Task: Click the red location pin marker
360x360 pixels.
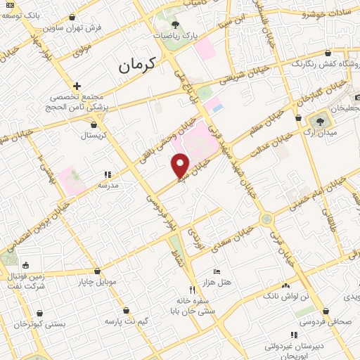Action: tap(181, 165)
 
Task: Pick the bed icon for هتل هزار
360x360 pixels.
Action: tap(217, 271)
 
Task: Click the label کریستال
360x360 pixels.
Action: tap(92, 134)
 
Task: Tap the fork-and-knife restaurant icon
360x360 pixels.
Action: tap(191, 289)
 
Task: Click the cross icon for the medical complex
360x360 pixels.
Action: tap(77, 86)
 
